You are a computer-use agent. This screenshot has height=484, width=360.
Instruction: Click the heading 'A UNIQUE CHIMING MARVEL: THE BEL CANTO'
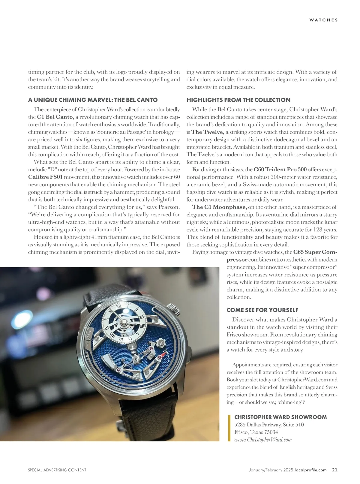pyautogui.click(x=93, y=100)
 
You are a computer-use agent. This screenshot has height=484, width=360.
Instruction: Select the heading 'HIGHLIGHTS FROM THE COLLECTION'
pyautogui.click(x=238, y=100)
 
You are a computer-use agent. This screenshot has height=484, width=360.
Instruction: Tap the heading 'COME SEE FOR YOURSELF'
pyautogui.click(x=262, y=310)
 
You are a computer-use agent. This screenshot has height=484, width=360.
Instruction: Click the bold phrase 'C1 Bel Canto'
pyautogui.click(x=55, y=117)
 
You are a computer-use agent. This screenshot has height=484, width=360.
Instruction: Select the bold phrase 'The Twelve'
pyautogui.click(x=207, y=132)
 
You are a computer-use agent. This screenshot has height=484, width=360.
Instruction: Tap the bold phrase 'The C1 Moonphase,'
pyautogui.click(x=219, y=207)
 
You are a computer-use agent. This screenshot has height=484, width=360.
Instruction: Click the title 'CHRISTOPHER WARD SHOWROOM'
pyautogui.click(x=280, y=417)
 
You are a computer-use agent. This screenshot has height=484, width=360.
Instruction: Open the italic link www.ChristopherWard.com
pyautogui.click(x=263, y=440)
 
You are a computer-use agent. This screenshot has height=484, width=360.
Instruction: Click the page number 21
pyautogui.click(x=334, y=470)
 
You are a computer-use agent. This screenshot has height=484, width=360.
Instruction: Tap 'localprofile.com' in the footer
pyautogui.click(x=310, y=470)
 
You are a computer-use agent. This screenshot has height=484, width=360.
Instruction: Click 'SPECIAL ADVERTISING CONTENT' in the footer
pyautogui.click(x=57, y=470)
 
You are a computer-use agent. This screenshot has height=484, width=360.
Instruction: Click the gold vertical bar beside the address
pyautogui.click(x=229, y=428)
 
